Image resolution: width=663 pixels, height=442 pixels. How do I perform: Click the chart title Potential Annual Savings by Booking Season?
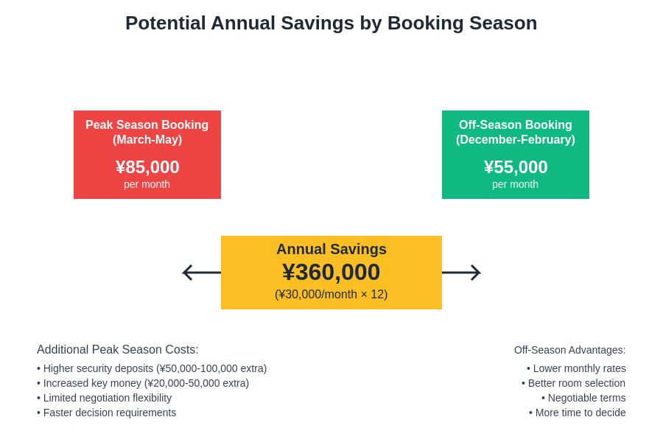331,23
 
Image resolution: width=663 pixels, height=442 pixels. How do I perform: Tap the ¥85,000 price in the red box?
147,167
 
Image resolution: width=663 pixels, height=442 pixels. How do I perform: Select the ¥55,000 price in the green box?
516,167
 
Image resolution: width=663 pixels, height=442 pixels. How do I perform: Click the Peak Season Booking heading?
147,125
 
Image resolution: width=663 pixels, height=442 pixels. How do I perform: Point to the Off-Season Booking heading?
516,125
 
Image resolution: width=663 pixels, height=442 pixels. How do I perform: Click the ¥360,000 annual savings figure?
331,272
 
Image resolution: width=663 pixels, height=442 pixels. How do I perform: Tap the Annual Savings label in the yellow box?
331,249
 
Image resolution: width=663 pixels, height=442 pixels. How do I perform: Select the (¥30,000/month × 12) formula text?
331,295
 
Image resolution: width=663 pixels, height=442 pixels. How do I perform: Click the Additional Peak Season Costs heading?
118,350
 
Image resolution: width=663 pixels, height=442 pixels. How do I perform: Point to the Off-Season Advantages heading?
569,350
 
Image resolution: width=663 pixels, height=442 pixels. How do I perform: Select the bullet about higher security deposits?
152,368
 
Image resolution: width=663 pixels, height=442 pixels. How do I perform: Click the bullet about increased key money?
143,383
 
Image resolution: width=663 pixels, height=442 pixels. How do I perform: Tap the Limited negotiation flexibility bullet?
105,398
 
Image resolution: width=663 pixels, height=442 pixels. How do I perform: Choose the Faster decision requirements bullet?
107,413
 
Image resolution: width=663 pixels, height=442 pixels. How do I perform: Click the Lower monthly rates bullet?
576,368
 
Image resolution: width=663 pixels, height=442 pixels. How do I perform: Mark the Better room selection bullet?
574,383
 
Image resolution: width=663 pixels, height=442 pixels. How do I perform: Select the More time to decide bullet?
578,413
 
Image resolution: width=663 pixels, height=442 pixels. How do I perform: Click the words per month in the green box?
516,184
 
